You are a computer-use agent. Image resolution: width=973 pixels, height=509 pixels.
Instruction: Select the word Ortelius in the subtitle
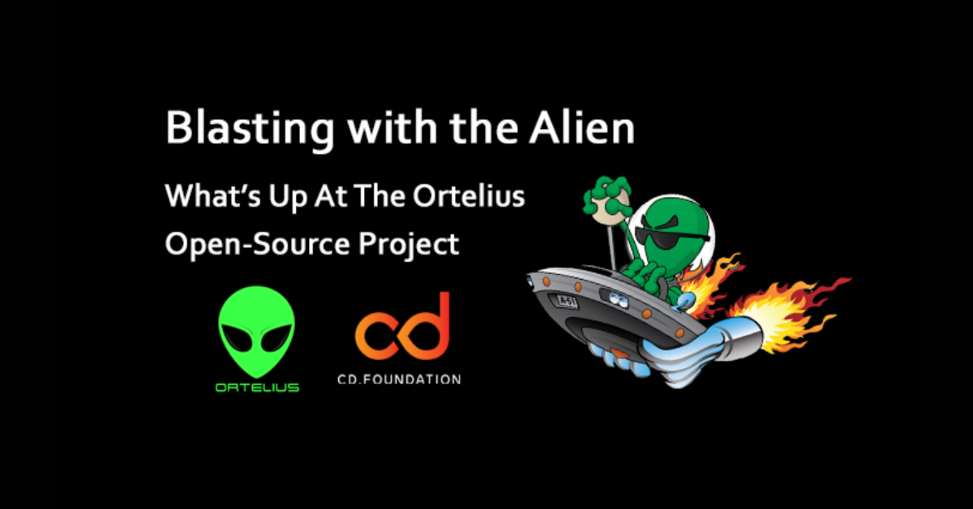pyautogui.click(x=469, y=195)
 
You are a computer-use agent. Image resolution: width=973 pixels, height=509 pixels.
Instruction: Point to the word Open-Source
pyautogui.click(x=257, y=244)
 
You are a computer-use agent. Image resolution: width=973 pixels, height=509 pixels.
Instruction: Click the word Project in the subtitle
pyautogui.click(x=409, y=245)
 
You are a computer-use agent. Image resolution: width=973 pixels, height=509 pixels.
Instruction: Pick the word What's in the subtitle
pyautogui.click(x=212, y=196)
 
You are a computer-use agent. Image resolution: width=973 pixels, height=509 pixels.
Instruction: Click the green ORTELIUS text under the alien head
pyautogui.click(x=258, y=387)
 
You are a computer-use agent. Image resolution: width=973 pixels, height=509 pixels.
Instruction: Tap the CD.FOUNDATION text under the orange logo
pyautogui.click(x=399, y=379)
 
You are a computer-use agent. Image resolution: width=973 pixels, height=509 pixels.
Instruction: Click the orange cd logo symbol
pyautogui.click(x=402, y=327)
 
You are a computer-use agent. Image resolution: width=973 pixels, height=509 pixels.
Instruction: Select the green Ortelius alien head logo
pyautogui.click(x=257, y=331)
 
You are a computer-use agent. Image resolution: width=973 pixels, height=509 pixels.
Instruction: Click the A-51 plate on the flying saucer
pyautogui.click(x=567, y=302)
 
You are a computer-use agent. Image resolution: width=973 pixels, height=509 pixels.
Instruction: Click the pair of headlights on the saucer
pyautogui.click(x=618, y=299)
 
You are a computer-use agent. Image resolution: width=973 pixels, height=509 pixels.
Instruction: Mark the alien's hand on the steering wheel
pyautogui.click(x=647, y=275)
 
